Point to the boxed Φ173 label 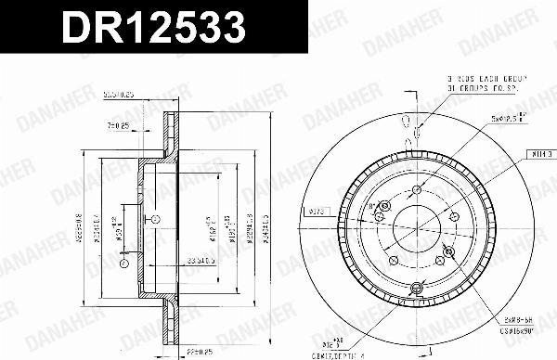[x=316, y=212]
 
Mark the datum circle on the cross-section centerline [x=154, y=218]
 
